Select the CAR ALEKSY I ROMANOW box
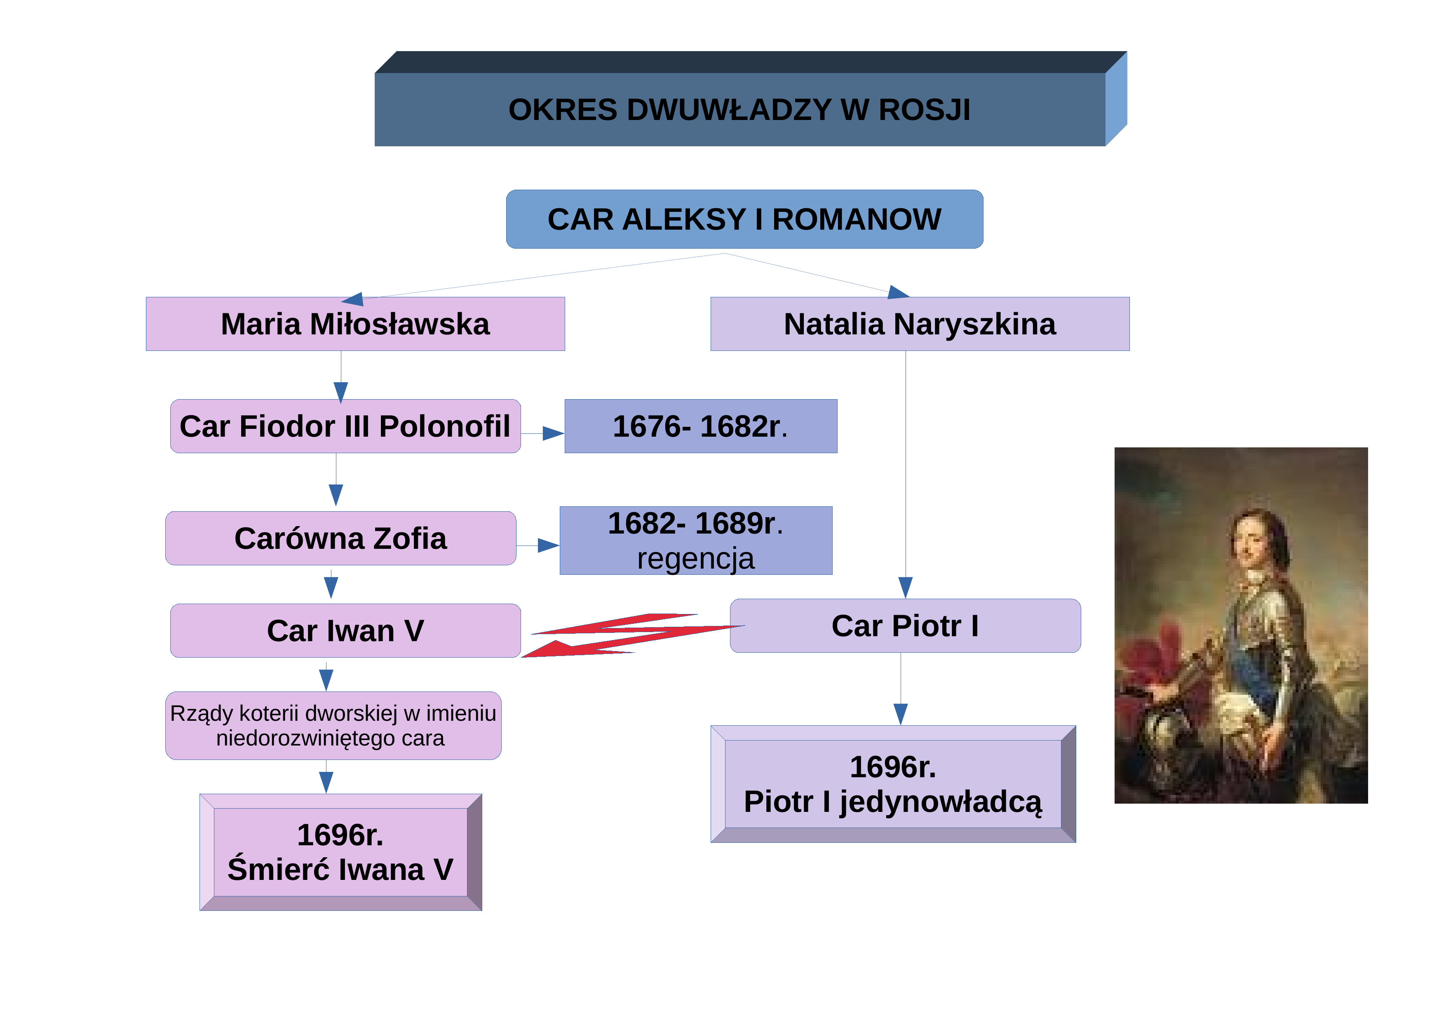pyautogui.click(x=744, y=219)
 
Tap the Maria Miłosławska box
pyautogui.click(x=355, y=324)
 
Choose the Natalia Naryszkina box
pyautogui.click(x=920, y=324)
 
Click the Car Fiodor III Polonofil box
pyautogui.click(x=345, y=426)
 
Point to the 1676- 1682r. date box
pyautogui.click(x=701, y=426)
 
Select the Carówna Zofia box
pyautogui.click(x=341, y=538)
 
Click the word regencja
pyautogui.click(x=695, y=559)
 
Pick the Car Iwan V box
pyautogui.click(x=345, y=630)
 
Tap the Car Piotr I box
pyautogui.click(x=905, y=626)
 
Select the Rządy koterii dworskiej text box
pyautogui.click(x=333, y=726)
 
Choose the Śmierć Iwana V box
pyautogui.click(x=341, y=852)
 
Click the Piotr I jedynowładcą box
pyautogui.click(x=893, y=784)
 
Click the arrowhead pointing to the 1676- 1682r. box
pyautogui.click(x=553, y=433)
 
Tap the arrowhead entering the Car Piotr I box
pyautogui.click(x=906, y=587)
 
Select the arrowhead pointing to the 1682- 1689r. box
pyautogui.click(x=548, y=546)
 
